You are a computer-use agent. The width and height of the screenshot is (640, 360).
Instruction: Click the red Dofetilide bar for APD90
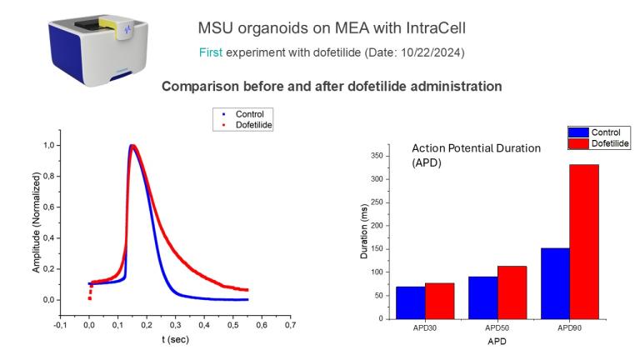click(x=584, y=242)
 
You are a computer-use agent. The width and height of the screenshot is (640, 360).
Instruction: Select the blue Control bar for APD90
click(x=555, y=283)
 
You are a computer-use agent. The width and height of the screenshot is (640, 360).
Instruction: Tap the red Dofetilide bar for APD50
click(x=512, y=292)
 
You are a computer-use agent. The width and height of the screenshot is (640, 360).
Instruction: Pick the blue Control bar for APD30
click(x=410, y=302)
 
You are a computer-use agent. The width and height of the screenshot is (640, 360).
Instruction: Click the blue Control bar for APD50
click(x=482, y=297)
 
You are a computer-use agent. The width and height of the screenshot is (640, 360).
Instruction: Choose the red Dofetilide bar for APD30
click(x=440, y=301)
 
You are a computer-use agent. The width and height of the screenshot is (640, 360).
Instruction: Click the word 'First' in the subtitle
click(x=209, y=52)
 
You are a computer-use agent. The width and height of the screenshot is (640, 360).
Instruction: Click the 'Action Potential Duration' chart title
click(x=477, y=148)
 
